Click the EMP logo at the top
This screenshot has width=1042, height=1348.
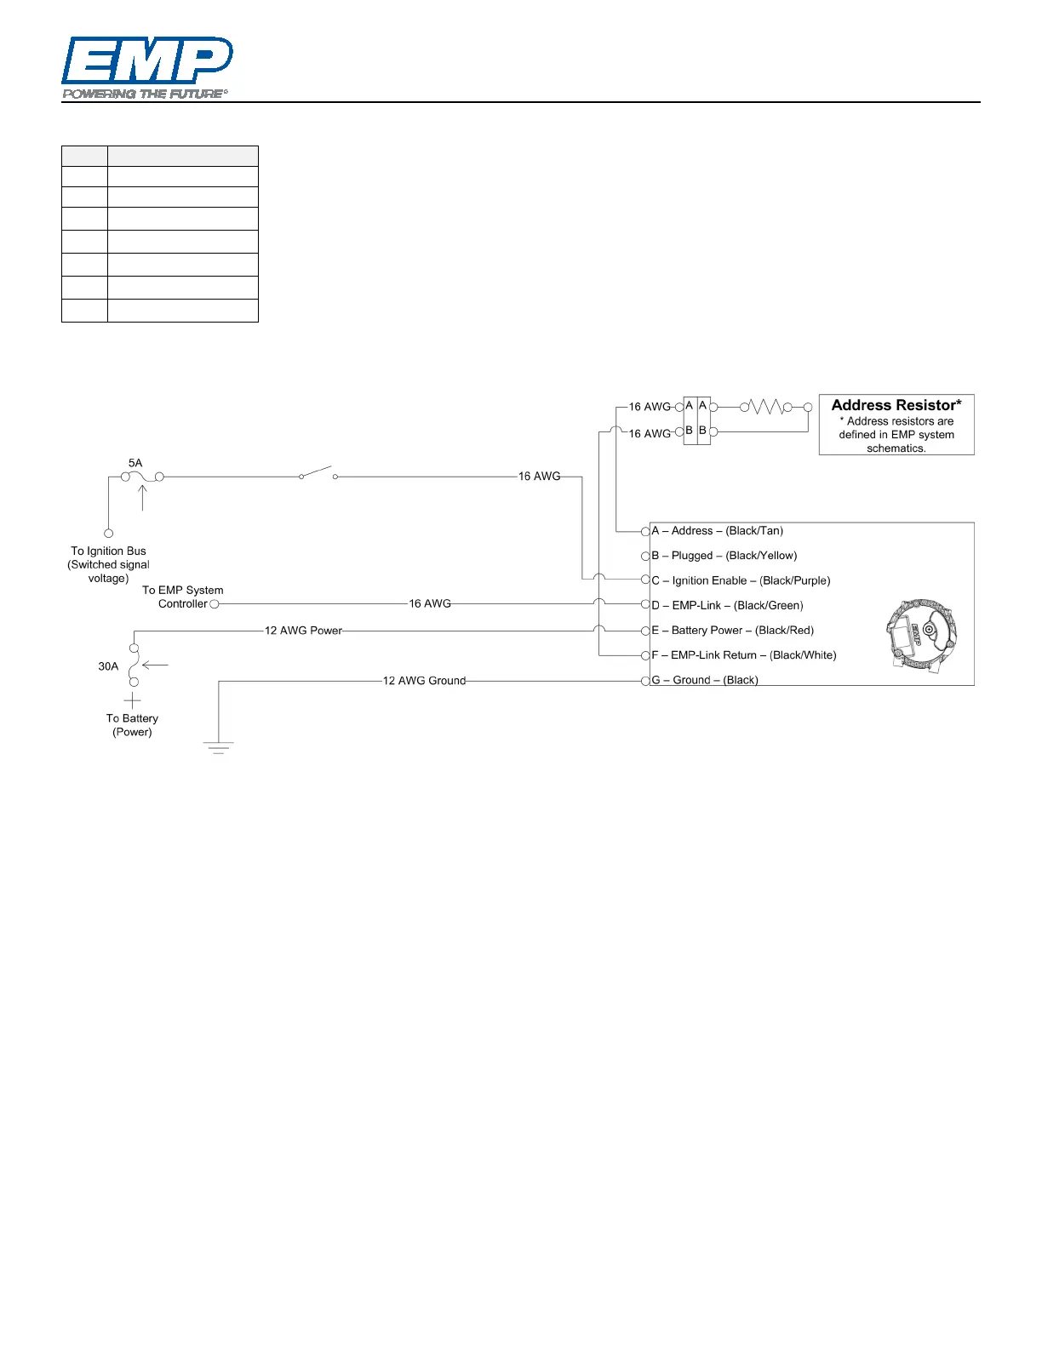pyautogui.click(x=146, y=67)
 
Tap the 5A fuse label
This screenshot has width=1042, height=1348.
pyautogui.click(x=135, y=463)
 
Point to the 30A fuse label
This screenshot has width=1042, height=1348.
pyautogui.click(x=108, y=666)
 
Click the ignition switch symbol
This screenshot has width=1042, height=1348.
pyautogui.click(x=318, y=473)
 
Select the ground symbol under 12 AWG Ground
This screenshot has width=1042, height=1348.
pyautogui.click(x=219, y=747)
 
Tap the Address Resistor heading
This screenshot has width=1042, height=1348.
pyautogui.click(x=896, y=405)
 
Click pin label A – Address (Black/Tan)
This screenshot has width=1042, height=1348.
pyautogui.click(x=717, y=531)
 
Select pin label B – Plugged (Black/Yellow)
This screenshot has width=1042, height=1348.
pyautogui.click(x=724, y=556)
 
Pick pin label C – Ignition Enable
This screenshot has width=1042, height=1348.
pyautogui.click(x=741, y=580)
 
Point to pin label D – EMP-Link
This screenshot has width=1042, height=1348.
pyautogui.click(x=727, y=605)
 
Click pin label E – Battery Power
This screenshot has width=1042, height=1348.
pyautogui.click(x=732, y=631)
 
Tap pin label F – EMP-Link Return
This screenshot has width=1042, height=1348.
pyautogui.click(x=743, y=655)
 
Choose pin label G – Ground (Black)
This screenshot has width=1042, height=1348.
pyautogui.click(x=704, y=680)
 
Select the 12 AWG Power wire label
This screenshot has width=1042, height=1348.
pyautogui.click(x=303, y=631)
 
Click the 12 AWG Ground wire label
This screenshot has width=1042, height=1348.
pyautogui.click(x=424, y=681)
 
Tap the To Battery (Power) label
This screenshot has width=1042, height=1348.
pyautogui.click(x=132, y=725)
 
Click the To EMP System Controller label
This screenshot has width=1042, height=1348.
pyautogui.click(x=182, y=597)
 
